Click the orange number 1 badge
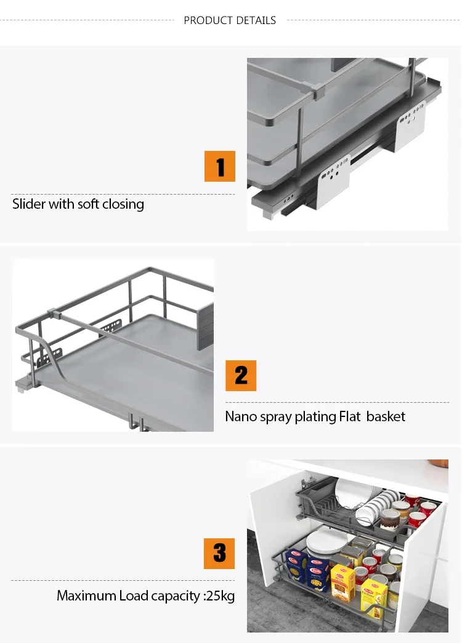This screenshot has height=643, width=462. (x=220, y=166)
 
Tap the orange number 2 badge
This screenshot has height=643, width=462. (x=241, y=376)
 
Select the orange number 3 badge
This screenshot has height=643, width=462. (x=220, y=553)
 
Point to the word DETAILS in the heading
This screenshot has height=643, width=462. (x=255, y=20)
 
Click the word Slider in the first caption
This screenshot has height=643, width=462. (x=28, y=204)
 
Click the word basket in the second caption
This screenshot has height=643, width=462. (x=386, y=416)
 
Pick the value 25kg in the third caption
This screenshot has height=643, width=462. (x=221, y=596)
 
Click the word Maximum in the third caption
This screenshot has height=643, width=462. (x=86, y=596)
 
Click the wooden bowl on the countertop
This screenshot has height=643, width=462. (x=439, y=463)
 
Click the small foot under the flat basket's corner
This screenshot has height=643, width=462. (x=20, y=387)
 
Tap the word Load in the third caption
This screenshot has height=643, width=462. (x=134, y=596)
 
